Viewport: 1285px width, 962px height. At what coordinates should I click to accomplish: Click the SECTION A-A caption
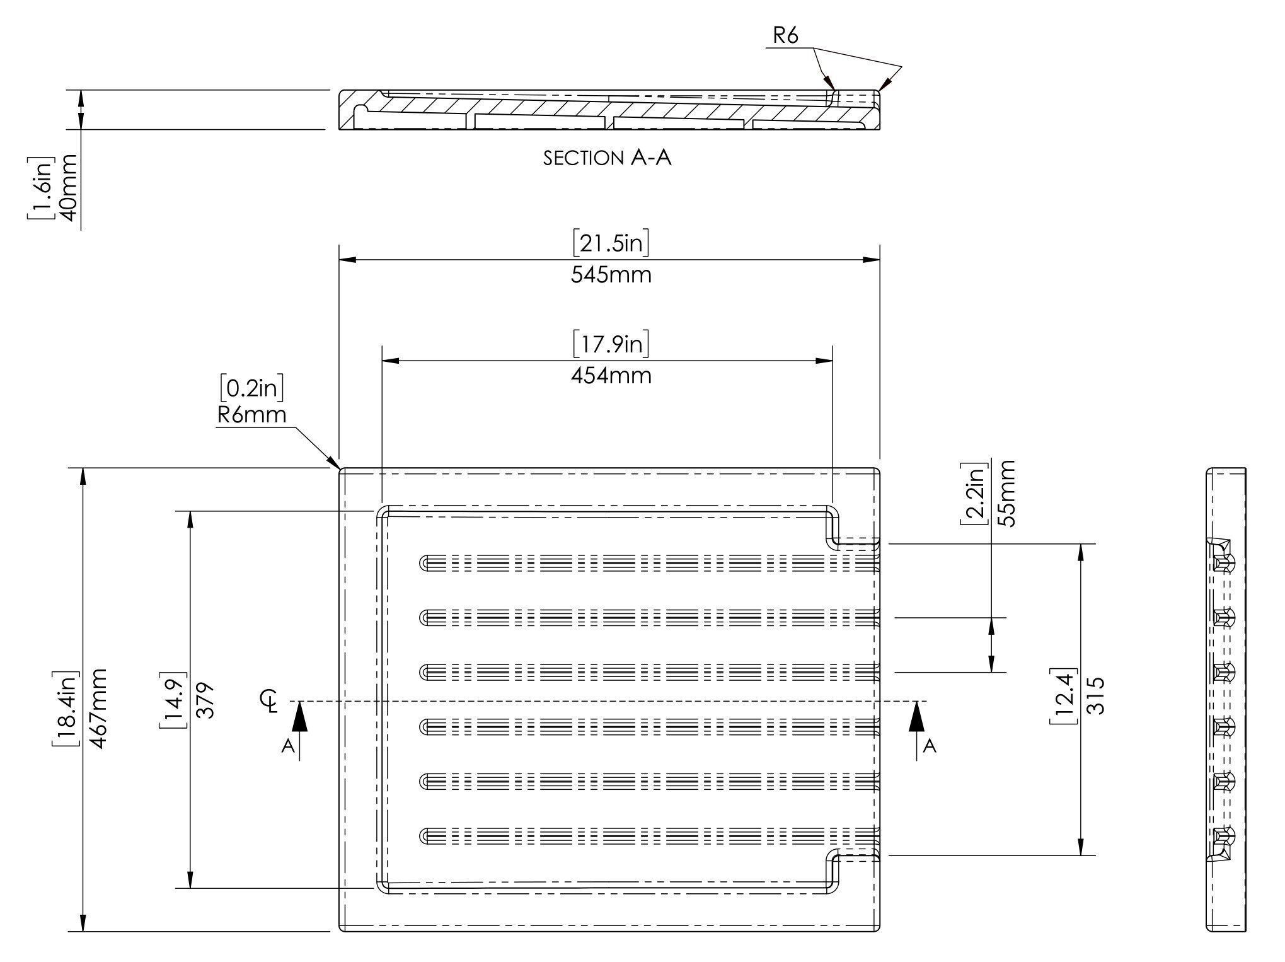pyautogui.click(x=608, y=158)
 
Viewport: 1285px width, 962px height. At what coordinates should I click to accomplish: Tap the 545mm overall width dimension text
pyautogui.click(x=611, y=275)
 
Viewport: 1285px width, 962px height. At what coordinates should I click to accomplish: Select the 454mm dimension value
pyautogui.click(x=611, y=376)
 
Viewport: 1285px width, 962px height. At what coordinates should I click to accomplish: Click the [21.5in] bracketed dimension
pyautogui.click(x=611, y=243)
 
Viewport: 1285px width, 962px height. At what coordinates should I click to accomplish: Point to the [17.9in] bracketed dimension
pyautogui.click(x=611, y=344)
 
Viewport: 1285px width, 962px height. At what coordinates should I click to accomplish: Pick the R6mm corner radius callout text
pyautogui.click(x=252, y=415)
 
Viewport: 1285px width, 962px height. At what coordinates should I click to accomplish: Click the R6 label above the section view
pyautogui.click(x=785, y=36)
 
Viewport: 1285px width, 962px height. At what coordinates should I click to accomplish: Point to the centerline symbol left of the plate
pyautogui.click(x=270, y=700)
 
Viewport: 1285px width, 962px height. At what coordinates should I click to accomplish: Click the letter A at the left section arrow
pyautogui.click(x=288, y=746)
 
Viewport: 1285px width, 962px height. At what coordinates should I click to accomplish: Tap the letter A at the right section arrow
pyautogui.click(x=930, y=746)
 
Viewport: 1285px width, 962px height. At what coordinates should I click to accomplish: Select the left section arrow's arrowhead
pyautogui.click(x=300, y=717)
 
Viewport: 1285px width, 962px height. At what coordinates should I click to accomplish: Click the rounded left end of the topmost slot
pyautogui.click(x=425, y=562)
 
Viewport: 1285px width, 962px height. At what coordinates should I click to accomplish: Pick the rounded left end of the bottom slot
pyautogui.click(x=425, y=836)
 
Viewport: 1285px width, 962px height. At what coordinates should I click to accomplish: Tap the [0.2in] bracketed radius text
pyautogui.click(x=252, y=388)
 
